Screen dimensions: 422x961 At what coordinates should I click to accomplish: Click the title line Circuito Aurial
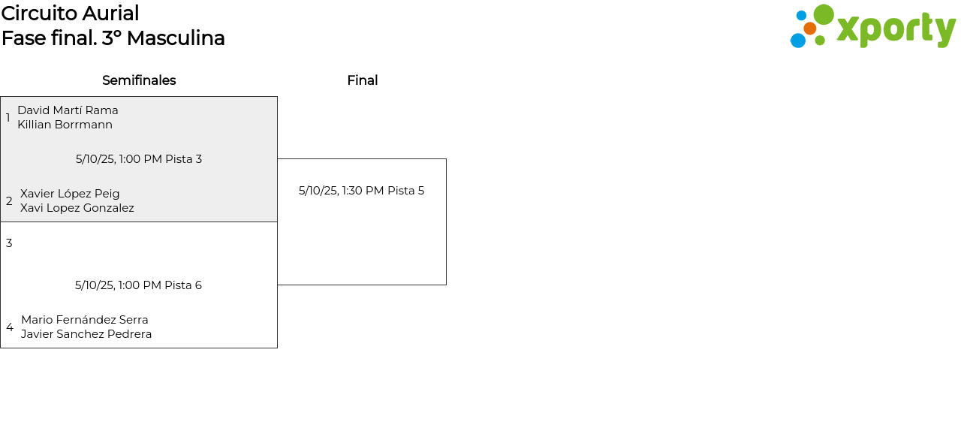click(x=70, y=14)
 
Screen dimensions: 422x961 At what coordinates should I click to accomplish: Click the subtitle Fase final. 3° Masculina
click(x=113, y=38)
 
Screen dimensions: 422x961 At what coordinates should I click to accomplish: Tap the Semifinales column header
click(x=139, y=80)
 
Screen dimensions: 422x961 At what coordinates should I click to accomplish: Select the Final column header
click(x=362, y=80)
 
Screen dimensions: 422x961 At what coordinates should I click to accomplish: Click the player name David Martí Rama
click(x=68, y=110)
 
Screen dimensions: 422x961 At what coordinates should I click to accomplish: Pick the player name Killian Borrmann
click(x=65, y=125)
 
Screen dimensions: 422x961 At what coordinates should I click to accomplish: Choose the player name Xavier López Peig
click(x=70, y=194)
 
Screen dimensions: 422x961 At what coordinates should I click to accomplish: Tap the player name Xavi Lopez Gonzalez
click(x=77, y=208)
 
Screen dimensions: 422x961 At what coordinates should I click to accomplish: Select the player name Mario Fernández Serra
click(x=85, y=320)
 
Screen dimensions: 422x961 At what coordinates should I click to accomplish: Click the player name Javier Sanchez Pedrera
click(x=86, y=334)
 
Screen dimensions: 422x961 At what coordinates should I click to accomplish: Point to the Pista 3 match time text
click(x=139, y=159)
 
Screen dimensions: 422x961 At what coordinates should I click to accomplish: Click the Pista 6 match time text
click(x=138, y=285)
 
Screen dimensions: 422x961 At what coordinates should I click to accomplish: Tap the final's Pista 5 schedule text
click(x=361, y=191)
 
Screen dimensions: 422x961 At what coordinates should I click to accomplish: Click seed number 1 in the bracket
click(x=8, y=118)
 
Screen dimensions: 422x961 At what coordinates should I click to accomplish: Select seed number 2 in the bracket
click(x=9, y=201)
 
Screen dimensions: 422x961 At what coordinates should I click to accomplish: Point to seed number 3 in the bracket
click(x=9, y=243)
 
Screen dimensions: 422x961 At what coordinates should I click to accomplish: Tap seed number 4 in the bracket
click(x=10, y=327)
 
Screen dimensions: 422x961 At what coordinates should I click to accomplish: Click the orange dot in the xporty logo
click(x=809, y=29)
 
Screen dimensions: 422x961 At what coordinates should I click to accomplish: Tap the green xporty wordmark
click(x=896, y=30)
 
